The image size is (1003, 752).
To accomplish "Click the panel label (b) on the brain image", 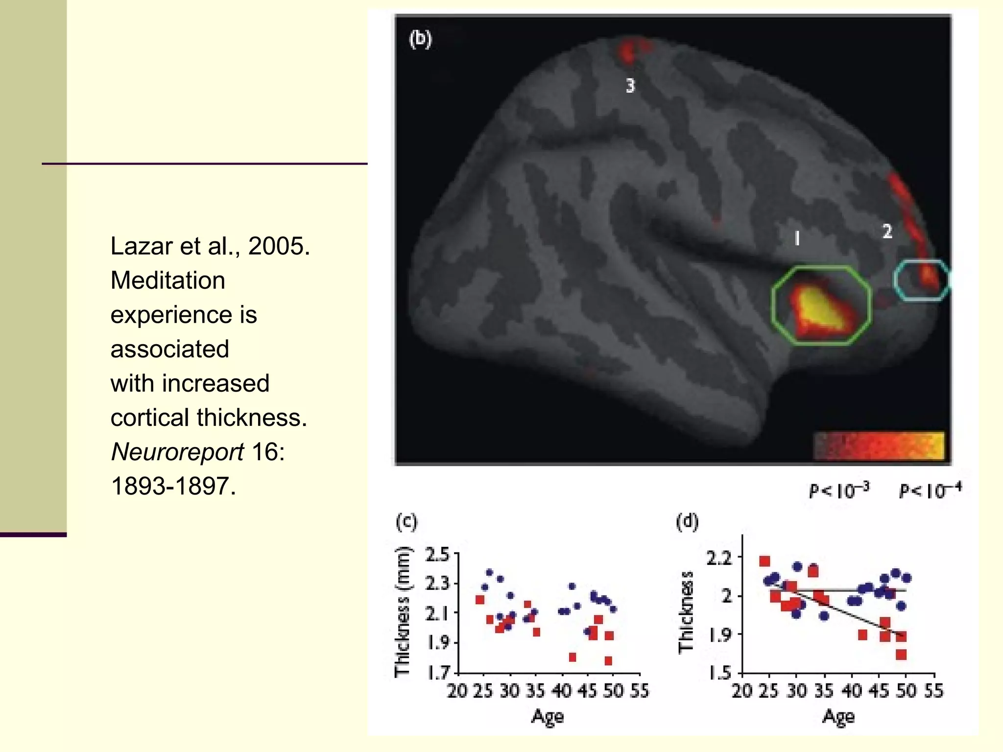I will pyautogui.click(x=420, y=39).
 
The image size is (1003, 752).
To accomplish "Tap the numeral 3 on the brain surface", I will pyautogui.click(x=630, y=86).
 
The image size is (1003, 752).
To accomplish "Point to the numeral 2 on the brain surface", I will pyautogui.click(x=887, y=231).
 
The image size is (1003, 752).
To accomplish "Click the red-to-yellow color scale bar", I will pyautogui.click(x=879, y=446).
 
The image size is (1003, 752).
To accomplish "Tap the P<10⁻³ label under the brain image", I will pyautogui.click(x=839, y=490).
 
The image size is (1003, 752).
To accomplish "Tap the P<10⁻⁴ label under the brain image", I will pyautogui.click(x=930, y=490).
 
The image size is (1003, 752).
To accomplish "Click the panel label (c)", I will pyautogui.click(x=406, y=522).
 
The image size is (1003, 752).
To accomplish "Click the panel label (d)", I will pyautogui.click(x=687, y=522).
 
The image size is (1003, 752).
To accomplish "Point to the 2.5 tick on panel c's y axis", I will pyautogui.click(x=437, y=555).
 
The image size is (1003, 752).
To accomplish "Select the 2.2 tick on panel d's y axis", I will pyautogui.click(x=719, y=558).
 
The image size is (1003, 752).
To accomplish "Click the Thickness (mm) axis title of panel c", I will pyautogui.click(x=402, y=612).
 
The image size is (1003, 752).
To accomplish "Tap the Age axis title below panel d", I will pyautogui.click(x=838, y=717).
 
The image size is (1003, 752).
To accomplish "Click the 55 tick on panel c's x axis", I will pyautogui.click(x=639, y=691).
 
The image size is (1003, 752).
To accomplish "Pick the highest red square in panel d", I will pyautogui.click(x=764, y=561).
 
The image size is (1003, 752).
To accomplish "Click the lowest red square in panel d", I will pyautogui.click(x=901, y=655).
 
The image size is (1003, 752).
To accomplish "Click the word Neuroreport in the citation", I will pyautogui.click(x=177, y=452).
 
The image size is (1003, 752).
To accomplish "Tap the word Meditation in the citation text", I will pyautogui.click(x=167, y=281).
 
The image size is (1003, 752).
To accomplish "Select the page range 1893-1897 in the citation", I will pyautogui.click(x=173, y=486).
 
